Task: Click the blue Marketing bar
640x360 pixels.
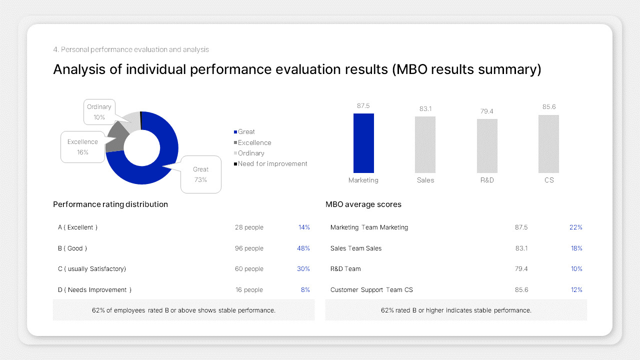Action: click(x=363, y=143)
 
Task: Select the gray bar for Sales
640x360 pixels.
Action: click(x=425, y=144)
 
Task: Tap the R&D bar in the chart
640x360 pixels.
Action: click(x=487, y=145)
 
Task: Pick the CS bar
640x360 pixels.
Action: click(x=548, y=144)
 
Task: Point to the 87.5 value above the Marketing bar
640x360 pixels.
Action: click(x=363, y=106)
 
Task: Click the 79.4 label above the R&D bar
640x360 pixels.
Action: click(x=487, y=111)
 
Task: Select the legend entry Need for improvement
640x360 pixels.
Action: click(x=270, y=164)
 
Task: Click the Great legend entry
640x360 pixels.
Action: click(x=244, y=132)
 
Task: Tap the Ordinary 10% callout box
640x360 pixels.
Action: click(x=99, y=112)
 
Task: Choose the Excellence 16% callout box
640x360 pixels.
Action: click(x=82, y=147)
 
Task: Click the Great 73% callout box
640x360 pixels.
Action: click(x=200, y=174)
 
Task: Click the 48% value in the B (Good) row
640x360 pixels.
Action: click(x=303, y=248)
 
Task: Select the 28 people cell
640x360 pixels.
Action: click(x=249, y=227)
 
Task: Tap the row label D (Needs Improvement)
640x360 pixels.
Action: click(x=94, y=290)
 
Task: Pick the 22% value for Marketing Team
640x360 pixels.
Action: click(x=576, y=227)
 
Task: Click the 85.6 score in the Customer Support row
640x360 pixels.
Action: click(x=521, y=290)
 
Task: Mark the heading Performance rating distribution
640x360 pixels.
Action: click(x=110, y=204)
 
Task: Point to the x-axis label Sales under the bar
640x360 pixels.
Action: click(x=425, y=180)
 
